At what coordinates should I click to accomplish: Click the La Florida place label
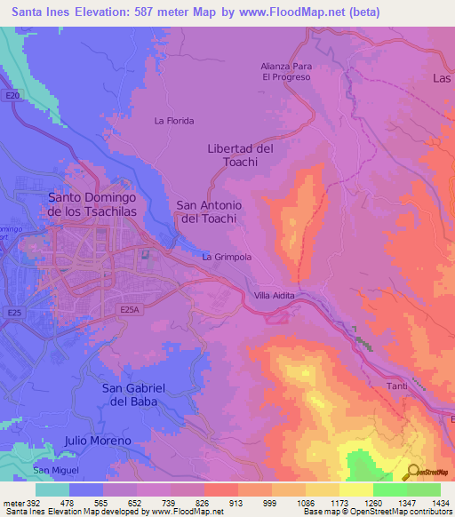tap(173, 121)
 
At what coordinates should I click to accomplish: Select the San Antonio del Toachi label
tap(211, 211)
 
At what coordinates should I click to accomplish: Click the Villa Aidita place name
tap(274, 295)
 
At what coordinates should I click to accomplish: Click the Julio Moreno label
tap(98, 441)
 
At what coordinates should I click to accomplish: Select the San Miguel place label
tap(56, 469)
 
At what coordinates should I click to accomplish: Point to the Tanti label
tap(396, 386)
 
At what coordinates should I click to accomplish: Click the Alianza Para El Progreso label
tap(285, 71)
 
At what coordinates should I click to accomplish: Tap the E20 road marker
tap(12, 95)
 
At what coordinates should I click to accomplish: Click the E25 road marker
tap(14, 313)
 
